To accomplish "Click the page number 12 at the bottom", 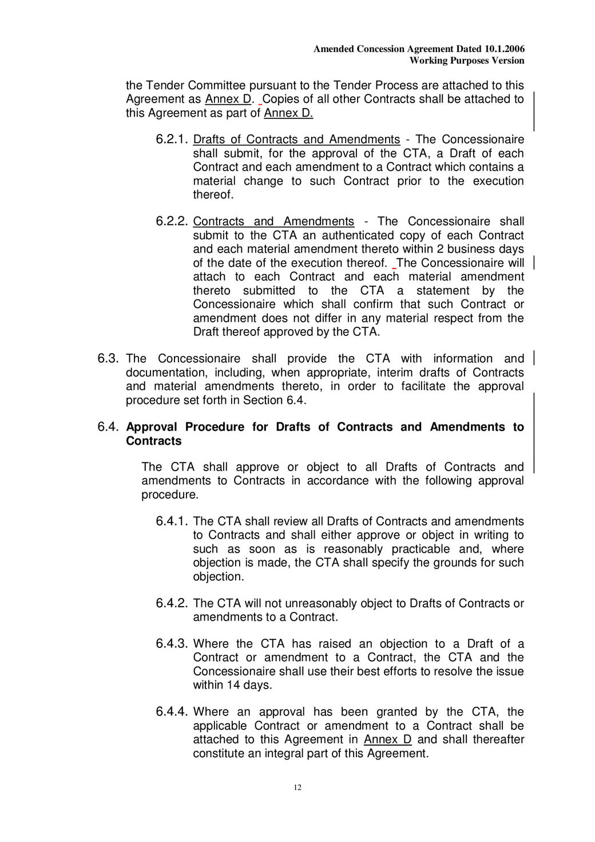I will click(x=297, y=788).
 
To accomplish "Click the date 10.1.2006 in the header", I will click(x=504, y=49).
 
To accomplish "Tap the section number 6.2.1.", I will click(x=172, y=140).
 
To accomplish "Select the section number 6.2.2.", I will click(x=172, y=222).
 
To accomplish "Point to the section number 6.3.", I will click(x=108, y=359).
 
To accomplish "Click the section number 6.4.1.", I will click(x=172, y=521).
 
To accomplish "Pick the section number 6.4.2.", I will click(x=172, y=603).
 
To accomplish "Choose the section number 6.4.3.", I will click(x=172, y=644).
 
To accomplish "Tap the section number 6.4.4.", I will click(x=172, y=712).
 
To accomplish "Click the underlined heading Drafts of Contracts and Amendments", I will click(x=296, y=140).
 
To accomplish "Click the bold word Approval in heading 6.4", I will click(x=152, y=427).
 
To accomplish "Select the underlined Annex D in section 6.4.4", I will click(x=387, y=740).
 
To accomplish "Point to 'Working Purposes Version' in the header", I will click(x=467, y=61).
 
